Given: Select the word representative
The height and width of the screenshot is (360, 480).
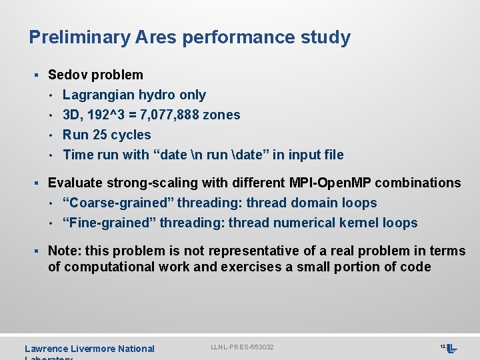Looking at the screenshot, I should pyautogui.click(x=251, y=251).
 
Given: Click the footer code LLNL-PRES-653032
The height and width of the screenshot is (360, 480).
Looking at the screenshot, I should pyautogui.click(x=242, y=347).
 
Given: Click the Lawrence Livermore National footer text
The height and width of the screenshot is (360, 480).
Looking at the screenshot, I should pyautogui.click(x=89, y=349).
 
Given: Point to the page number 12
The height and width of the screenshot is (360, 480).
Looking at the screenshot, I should pyautogui.click(x=442, y=347).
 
